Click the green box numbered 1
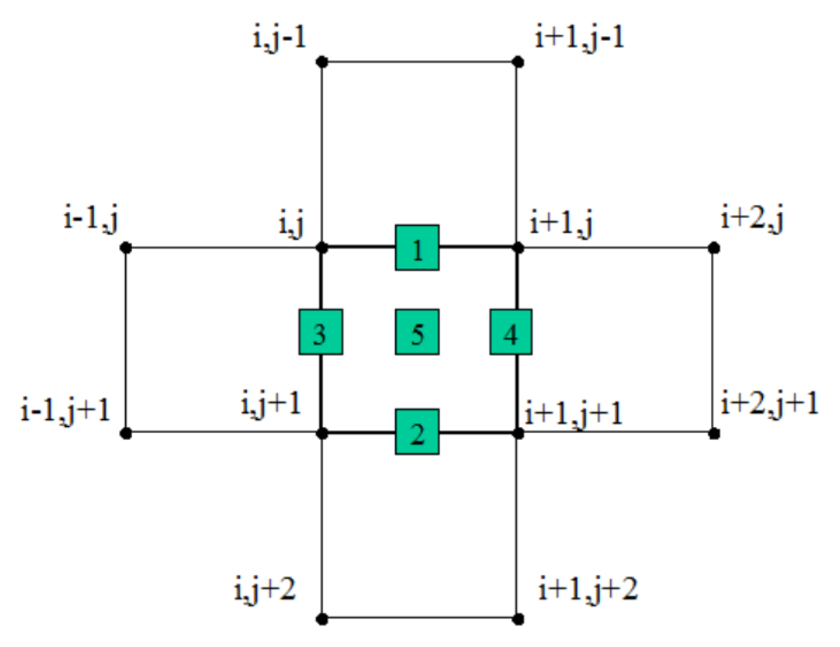417,248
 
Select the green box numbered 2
417,432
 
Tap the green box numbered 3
320,332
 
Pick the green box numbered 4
511,332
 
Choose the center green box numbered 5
417,332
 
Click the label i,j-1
279,39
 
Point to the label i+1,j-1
580,38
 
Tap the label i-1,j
91,220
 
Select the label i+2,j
752,219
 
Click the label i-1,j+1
65,410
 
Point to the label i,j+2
264,590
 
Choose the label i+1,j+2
588,589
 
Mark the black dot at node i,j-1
322,62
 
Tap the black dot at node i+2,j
713,248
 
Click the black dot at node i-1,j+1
126,433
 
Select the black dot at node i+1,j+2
517,618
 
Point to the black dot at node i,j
322,248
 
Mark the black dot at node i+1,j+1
517,433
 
